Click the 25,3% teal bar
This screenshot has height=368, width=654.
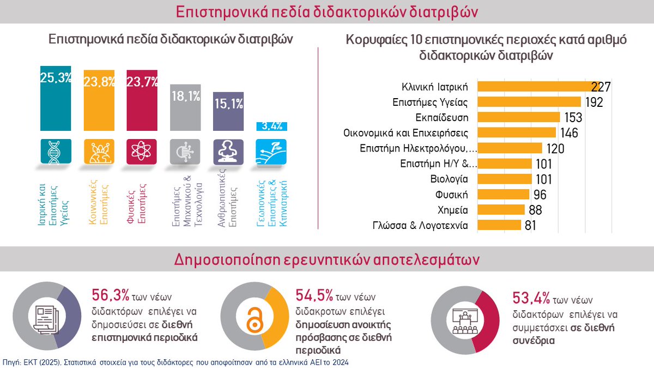coord(56,99)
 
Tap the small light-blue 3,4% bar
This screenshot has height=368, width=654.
coord(271,126)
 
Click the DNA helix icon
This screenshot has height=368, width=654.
coord(56,152)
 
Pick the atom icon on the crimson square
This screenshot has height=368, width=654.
coord(142,152)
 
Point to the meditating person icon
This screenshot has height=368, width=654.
coord(228,152)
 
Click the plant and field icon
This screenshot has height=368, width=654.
coord(271,152)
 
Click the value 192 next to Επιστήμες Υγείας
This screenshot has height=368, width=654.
coord(593,101)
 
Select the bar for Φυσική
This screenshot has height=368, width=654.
coord(504,194)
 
